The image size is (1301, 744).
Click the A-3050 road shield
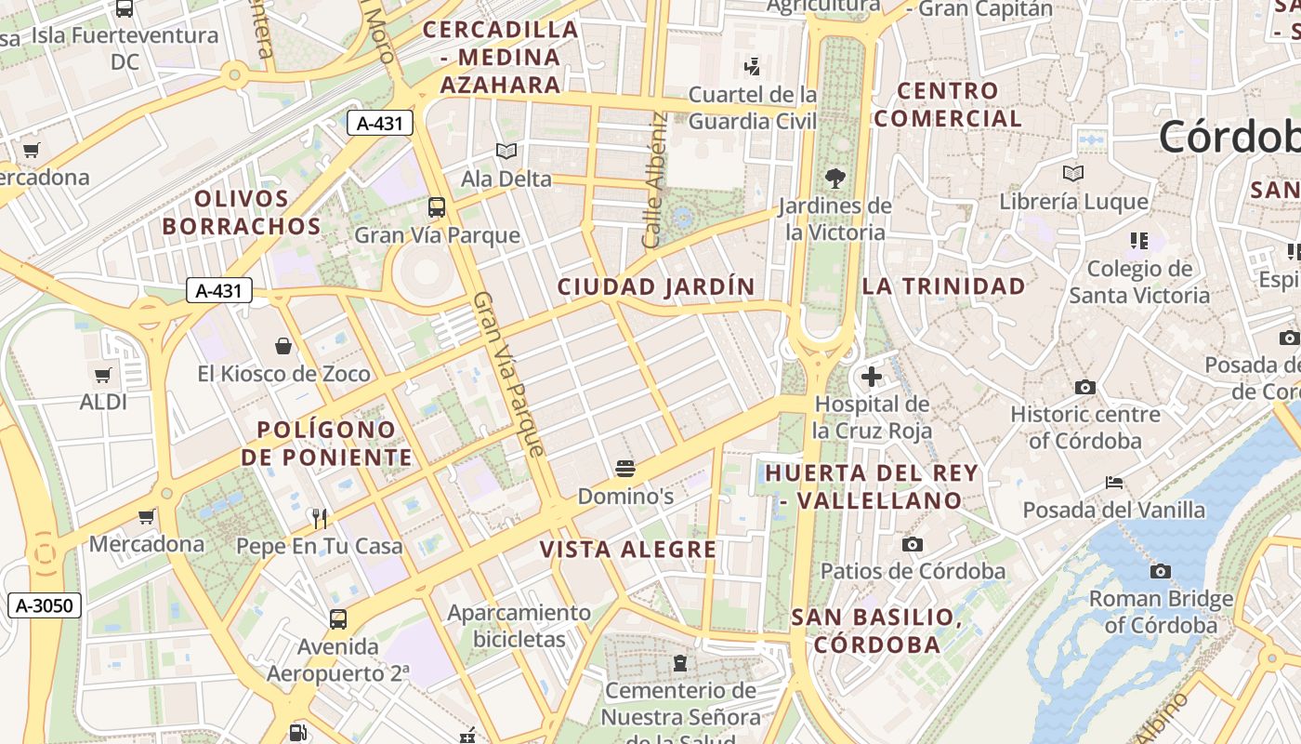[45, 606]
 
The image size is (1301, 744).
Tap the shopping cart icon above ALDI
[103, 376]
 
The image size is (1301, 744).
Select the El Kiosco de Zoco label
[283, 374]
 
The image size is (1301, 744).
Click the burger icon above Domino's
[624, 468]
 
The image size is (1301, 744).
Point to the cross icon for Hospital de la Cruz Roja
[871, 377]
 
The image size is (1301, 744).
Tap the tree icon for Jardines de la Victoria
[834, 179]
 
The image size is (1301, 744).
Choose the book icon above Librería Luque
[1073, 173]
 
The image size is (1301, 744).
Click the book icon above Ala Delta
[506, 151]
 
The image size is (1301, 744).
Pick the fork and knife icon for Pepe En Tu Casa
[320, 518]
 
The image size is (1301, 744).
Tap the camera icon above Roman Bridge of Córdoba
[1160, 571]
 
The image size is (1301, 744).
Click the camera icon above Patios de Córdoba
[913, 544]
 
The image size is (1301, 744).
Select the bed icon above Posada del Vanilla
[1114, 483]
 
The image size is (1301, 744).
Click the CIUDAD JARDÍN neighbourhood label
[656, 286]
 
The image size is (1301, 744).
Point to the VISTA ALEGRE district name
[628, 550]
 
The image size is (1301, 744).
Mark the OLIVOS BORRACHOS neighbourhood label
[242, 212]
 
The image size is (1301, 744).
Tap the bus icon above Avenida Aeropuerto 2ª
[338, 618]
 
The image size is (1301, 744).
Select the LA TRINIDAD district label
[943, 286]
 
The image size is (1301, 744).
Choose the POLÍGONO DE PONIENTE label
[326, 444]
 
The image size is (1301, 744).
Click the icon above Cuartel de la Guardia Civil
[753, 66]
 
